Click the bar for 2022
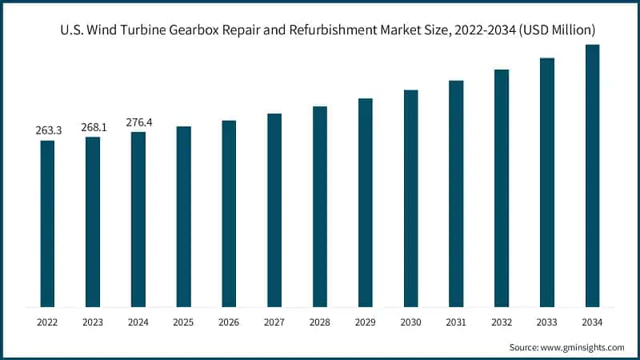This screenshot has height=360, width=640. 47,223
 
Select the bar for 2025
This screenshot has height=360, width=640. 184,216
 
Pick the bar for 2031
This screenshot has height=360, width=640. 456,193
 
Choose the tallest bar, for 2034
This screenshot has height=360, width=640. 593,175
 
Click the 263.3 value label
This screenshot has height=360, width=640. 47,130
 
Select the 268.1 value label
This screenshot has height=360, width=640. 93,126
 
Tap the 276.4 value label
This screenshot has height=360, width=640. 138,122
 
